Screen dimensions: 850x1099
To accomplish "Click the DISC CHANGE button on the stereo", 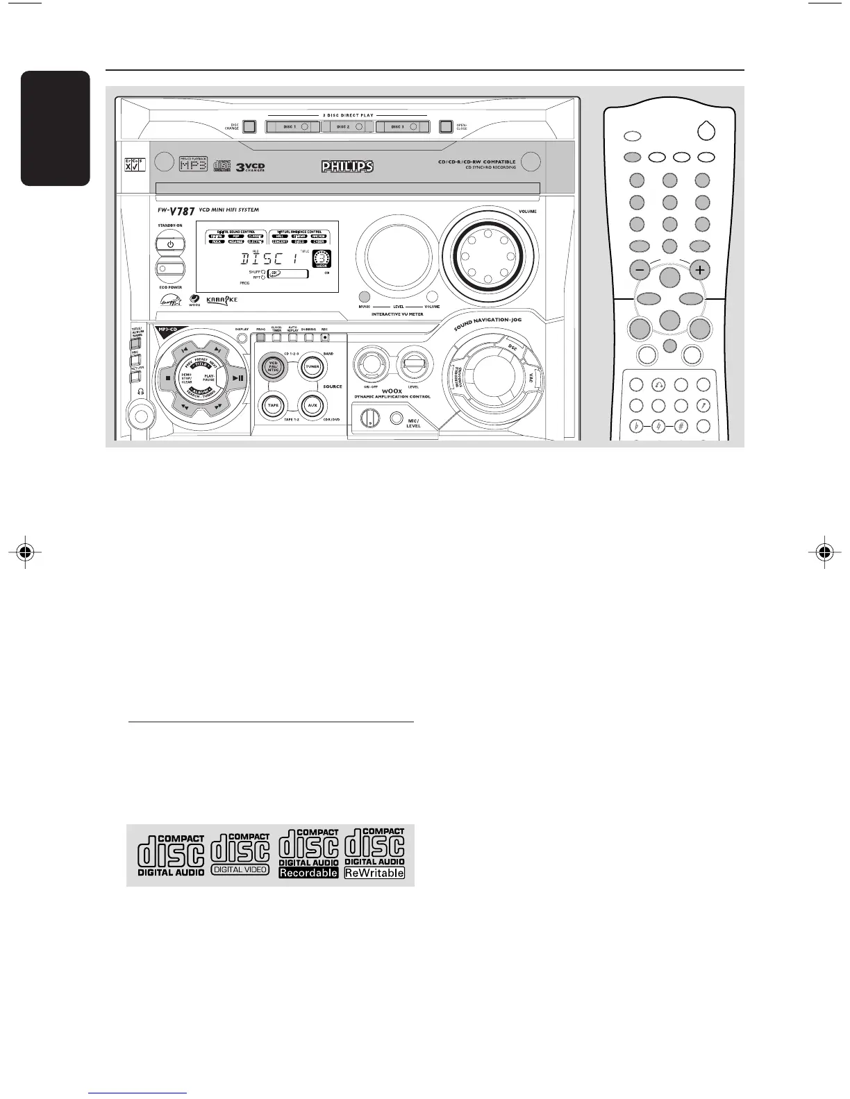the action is point(249,127).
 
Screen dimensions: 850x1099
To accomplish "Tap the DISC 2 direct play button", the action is point(347,127).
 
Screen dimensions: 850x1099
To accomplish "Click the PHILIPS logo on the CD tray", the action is point(347,167).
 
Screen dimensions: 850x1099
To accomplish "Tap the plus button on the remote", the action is point(700,269).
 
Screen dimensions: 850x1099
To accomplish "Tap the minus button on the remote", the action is point(639,269).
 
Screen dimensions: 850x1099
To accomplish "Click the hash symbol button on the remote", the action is point(681,426).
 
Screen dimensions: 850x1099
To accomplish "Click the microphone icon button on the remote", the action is point(703,405).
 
